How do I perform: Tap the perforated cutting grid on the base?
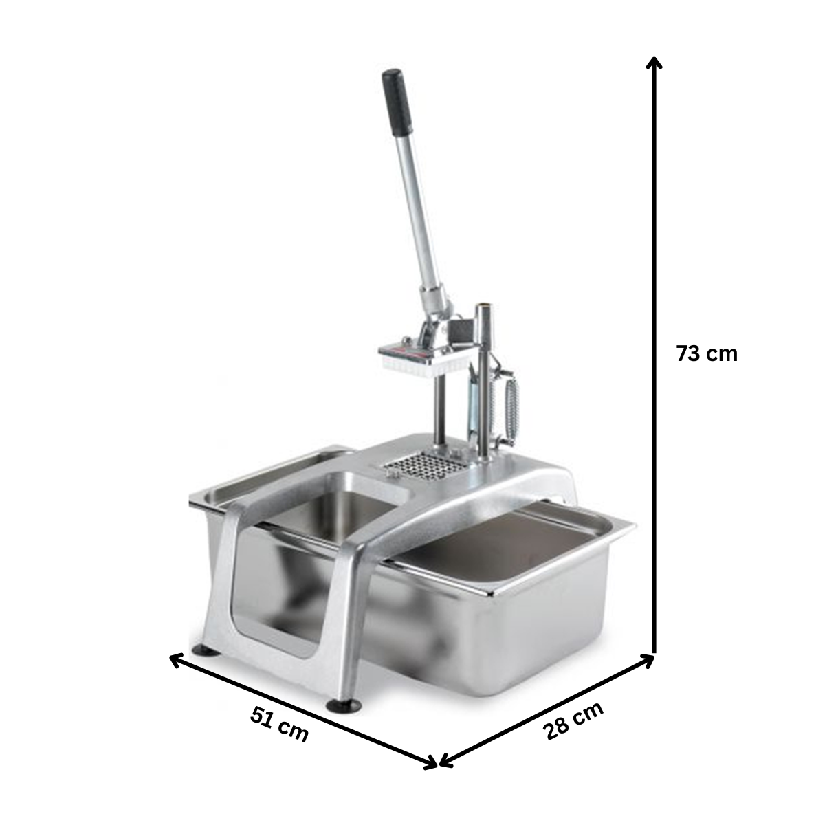pos(423,467)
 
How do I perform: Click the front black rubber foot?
pos(343,706)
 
